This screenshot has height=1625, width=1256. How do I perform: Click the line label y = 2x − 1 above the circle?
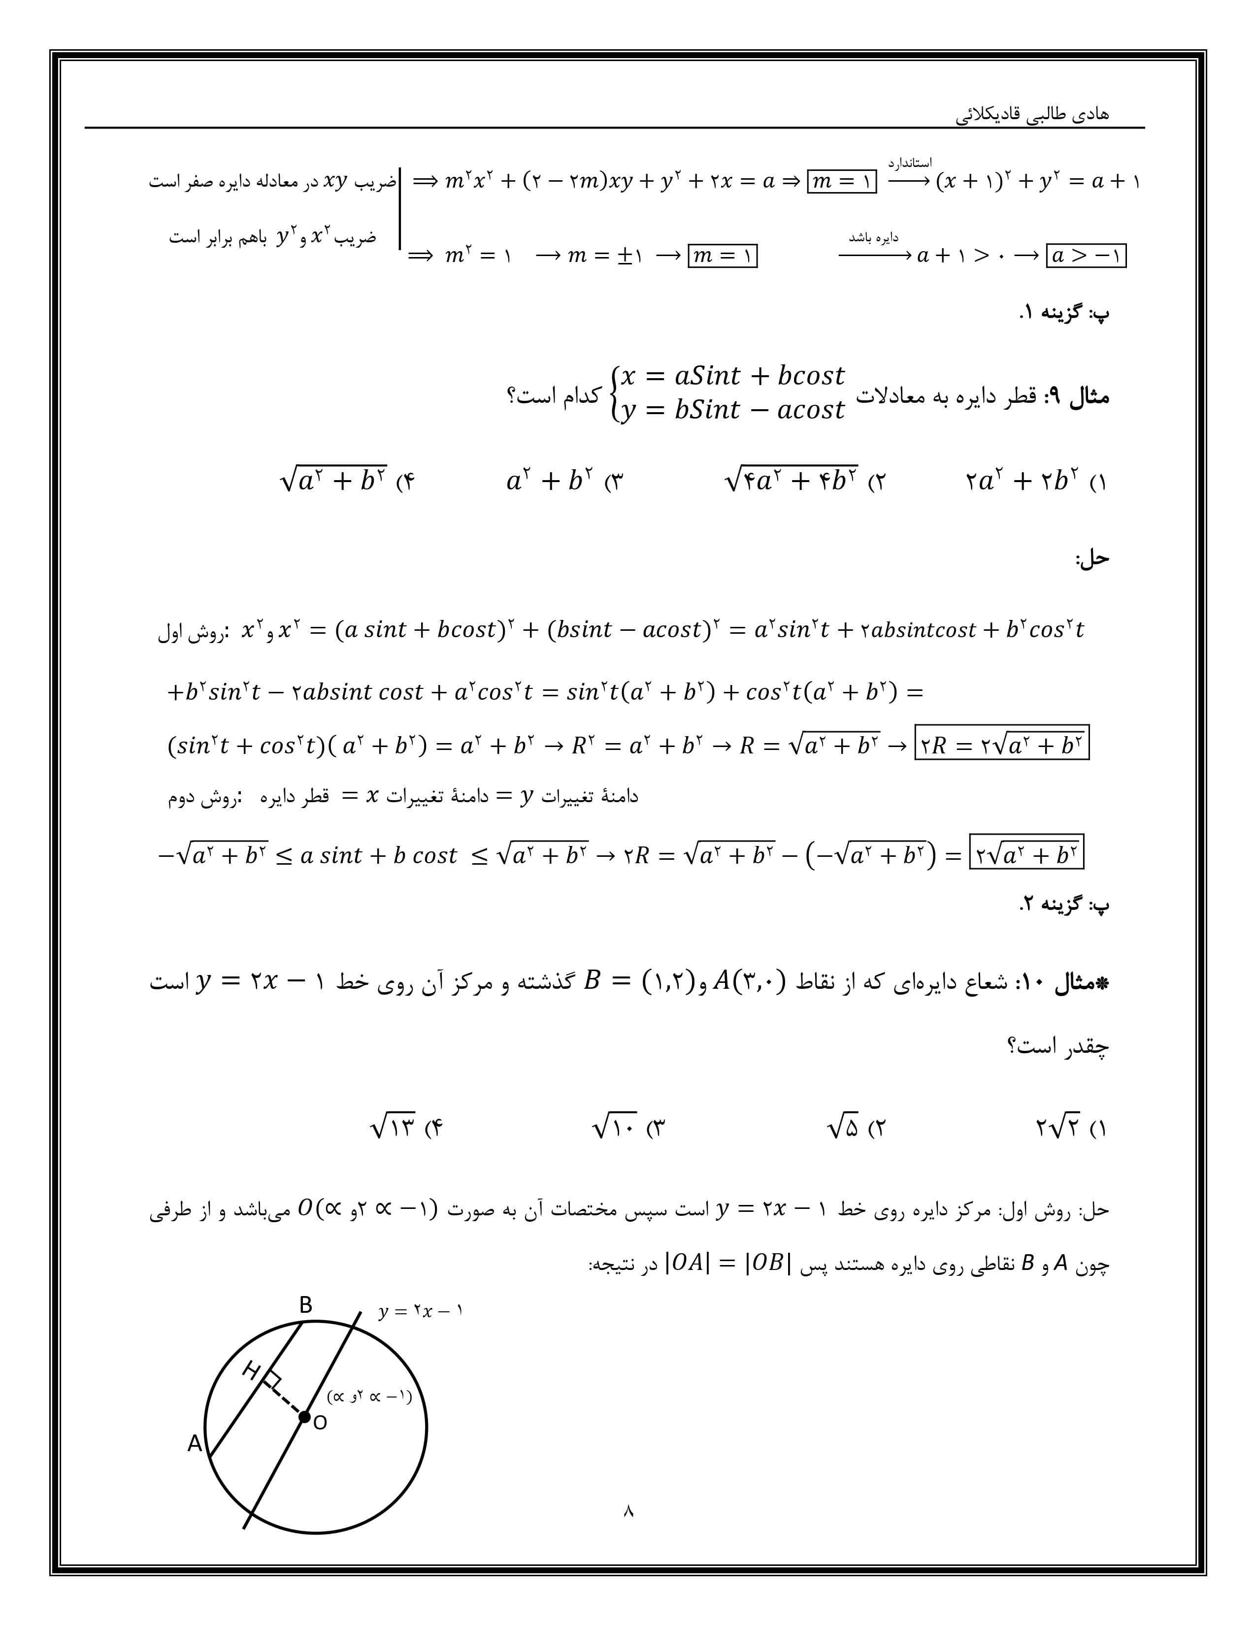pos(421,1311)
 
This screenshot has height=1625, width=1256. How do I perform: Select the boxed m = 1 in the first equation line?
pos(842,181)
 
